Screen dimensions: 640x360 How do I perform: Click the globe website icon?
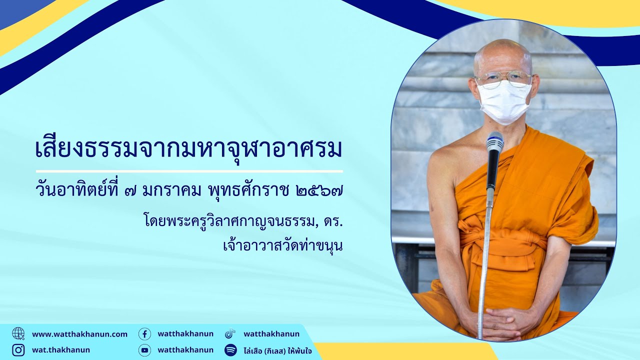[x=18, y=333]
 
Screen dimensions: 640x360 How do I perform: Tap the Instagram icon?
[x=18, y=350]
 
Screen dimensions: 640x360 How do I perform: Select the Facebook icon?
[x=145, y=333]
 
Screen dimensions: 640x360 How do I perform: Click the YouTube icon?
[x=145, y=350]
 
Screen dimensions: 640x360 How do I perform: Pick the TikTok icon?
[x=230, y=333]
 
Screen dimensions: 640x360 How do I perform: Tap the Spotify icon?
[x=230, y=350]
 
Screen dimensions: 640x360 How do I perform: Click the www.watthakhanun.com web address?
[x=79, y=334]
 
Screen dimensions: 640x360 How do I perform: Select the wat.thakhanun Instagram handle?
[x=61, y=350]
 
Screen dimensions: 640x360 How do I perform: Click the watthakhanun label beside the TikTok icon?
[x=271, y=333]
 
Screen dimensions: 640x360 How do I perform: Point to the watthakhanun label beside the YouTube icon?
[x=185, y=350]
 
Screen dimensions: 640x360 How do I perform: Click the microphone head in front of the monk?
[x=495, y=142]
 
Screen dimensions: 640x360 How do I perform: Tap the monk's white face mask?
[x=504, y=102]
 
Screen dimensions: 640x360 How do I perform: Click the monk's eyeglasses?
[x=503, y=79]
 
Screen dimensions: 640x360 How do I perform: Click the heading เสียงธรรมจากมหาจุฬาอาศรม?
[x=189, y=149]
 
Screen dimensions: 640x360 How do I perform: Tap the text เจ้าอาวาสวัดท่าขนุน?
[x=282, y=245]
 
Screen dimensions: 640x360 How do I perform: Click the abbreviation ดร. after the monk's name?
[x=333, y=222]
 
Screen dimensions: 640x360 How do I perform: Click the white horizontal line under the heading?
[x=189, y=171]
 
